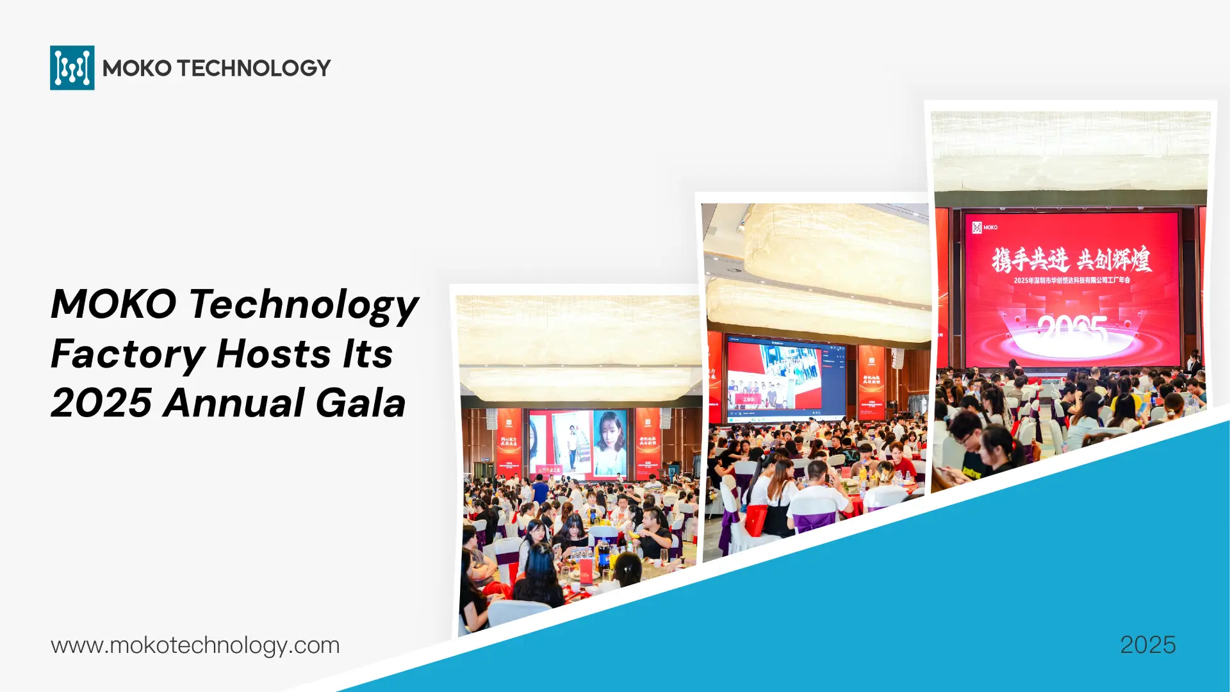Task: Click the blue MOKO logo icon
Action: tap(72, 67)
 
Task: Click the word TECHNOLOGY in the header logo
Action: tap(254, 68)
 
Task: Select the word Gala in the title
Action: tap(361, 403)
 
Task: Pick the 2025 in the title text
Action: tap(101, 403)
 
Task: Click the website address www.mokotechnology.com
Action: tap(195, 645)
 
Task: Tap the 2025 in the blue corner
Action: tap(1147, 645)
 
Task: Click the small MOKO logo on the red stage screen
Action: tap(985, 227)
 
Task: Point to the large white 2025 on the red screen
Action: tap(1072, 329)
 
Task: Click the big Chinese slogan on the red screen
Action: tap(1071, 259)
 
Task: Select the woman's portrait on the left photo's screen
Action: tap(609, 441)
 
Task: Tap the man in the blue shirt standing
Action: tap(540, 490)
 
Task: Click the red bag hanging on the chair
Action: tap(756, 519)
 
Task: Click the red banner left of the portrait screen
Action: tap(509, 442)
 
